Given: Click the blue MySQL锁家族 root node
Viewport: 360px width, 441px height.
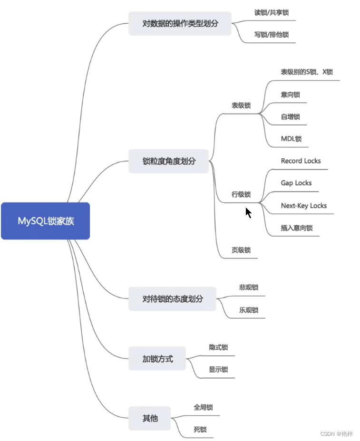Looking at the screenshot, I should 45,221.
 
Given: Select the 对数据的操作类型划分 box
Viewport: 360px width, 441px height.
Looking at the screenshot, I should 180,23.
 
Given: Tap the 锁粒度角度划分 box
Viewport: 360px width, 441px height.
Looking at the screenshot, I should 169,161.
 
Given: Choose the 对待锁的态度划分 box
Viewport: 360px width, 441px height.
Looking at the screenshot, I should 172,299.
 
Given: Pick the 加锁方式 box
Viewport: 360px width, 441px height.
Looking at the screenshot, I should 157,359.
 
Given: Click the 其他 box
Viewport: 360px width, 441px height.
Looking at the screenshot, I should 149,419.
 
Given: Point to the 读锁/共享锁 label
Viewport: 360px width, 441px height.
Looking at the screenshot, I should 271,13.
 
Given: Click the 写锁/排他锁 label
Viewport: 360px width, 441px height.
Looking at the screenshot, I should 271,35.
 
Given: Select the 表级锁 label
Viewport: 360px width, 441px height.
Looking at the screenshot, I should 241,105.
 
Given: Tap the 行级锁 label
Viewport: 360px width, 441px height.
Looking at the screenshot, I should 241,194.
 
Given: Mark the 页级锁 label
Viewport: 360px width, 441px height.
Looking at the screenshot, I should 241,250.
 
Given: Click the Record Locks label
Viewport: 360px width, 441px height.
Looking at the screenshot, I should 301,161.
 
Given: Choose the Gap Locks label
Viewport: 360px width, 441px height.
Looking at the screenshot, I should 296,183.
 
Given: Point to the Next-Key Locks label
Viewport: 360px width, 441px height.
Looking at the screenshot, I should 303,206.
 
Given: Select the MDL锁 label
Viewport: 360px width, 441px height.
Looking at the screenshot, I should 291,139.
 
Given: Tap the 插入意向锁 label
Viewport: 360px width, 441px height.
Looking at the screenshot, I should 296,228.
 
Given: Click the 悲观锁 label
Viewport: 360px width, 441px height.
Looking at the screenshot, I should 248,288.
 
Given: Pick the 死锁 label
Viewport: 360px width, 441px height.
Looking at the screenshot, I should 200,430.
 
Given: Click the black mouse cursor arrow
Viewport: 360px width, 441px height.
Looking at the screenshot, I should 248,212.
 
